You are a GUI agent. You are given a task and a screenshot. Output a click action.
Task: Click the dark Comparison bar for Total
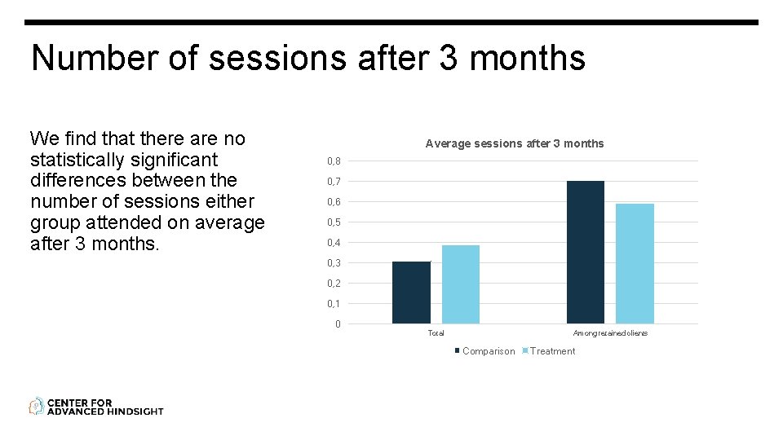click(x=411, y=293)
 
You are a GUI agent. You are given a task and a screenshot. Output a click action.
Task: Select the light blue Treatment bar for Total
click(x=461, y=284)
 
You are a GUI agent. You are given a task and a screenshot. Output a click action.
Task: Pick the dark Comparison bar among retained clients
click(x=586, y=252)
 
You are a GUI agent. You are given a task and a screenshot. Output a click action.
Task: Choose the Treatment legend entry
click(x=552, y=351)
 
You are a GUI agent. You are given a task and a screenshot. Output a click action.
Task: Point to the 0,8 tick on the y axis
click(x=334, y=161)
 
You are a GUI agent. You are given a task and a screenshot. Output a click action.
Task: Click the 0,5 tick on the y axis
click(x=334, y=222)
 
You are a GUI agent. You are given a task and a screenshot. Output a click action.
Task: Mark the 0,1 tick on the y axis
click(x=334, y=304)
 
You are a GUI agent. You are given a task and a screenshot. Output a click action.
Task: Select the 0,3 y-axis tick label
click(x=334, y=263)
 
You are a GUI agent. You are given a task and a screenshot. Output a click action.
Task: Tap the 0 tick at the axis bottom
click(x=338, y=324)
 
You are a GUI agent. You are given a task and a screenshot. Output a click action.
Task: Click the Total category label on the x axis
click(x=436, y=333)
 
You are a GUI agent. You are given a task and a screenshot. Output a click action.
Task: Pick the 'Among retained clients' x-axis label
click(x=610, y=333)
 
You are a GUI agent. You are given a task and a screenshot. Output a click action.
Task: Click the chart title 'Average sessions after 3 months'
click(x=515, y=143)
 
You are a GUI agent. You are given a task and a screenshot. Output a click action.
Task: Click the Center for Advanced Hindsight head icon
click(x=37, y=406)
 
